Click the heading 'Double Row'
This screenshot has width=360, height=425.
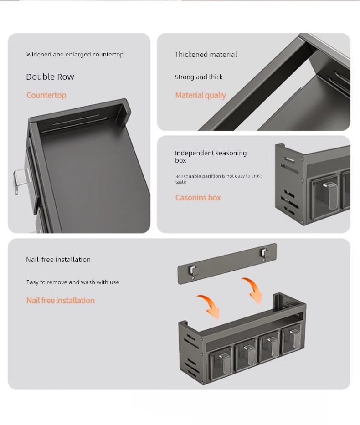click(x=50, y=77)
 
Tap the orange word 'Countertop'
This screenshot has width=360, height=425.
click(x=46, y=95)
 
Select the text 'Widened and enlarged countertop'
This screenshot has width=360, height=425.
click(x=75, y=55)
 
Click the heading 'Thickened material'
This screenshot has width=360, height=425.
click(x=206, y=55)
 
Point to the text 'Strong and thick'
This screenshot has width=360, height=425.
click(x=199, y=77)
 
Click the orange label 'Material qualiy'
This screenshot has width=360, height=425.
click(x=201, y=95)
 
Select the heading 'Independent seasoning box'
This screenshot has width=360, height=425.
click(x=211, y=156)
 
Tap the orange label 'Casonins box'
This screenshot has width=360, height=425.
click(x=198, y=197)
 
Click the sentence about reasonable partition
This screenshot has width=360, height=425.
click(x=219, y=179)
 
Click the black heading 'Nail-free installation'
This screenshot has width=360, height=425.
click(x=58, y=260)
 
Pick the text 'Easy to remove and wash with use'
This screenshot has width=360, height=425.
click(x=72, y=282)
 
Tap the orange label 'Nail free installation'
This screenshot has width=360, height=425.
click(x=61, y=300)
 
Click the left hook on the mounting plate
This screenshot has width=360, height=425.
click(x=194, y=271)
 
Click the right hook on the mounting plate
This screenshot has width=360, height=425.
click(x=265, y=254)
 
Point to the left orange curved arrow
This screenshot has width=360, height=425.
click(x=210, y=306)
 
